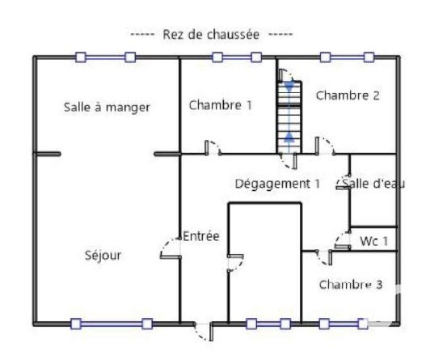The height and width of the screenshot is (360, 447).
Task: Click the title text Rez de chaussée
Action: (211, 35)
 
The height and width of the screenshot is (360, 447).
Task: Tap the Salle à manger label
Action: (107, 108)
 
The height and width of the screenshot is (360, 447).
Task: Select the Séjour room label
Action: (103, 255)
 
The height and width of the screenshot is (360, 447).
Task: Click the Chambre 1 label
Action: (221, 105)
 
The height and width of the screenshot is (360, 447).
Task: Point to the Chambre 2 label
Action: (348, 95)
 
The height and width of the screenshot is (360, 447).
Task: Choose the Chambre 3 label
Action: (351, 285)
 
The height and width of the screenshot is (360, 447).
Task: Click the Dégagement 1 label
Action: (277, 184)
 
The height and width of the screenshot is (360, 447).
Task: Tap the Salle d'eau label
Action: (373, 184)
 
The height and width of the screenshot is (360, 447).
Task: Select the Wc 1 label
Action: (373, 241)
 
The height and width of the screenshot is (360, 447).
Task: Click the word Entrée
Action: (201, 236)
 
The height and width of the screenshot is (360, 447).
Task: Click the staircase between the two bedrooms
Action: (289, 117)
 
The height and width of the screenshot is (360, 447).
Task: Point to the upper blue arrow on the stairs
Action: (289, 87)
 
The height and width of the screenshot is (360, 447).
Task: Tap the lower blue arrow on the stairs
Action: (289, 137)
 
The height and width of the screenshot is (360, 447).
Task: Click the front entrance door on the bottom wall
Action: (204, 331)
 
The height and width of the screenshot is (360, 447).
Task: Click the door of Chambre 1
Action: (213, 148)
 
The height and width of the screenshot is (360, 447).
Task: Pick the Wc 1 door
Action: (342, 240)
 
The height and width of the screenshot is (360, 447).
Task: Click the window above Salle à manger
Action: (105, 57)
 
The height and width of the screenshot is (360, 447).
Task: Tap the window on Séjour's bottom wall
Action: (112, 324)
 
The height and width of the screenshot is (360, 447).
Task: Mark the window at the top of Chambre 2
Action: (347, 57)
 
